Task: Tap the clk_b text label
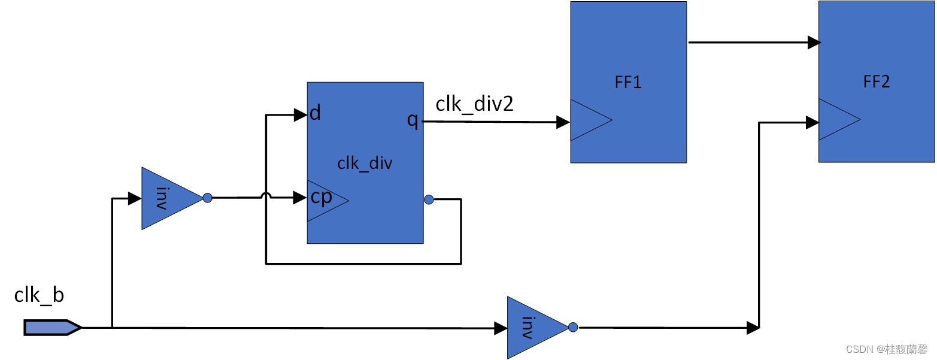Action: click(39, 295)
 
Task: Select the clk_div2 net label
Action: click(474, 104)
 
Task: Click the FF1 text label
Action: click(628, 82)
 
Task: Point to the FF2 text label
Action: click(877, 81)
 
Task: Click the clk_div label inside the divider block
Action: click(365, 163)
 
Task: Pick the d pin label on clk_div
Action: click(315, 113)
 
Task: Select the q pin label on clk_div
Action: click(413, 120)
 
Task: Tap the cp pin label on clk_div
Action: click(322, 197)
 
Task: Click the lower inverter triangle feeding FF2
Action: click(532, 328)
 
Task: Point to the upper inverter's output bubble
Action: click(207, 198)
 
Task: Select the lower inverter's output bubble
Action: click(573, 327)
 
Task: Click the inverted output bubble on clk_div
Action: click(429, 199)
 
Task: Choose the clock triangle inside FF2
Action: click(836, 120)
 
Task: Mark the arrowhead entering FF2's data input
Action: click(814, 43)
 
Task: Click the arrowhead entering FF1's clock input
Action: click(563, 122)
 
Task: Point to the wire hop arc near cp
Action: click(266, 195)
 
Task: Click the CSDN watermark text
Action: click(887, 349)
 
